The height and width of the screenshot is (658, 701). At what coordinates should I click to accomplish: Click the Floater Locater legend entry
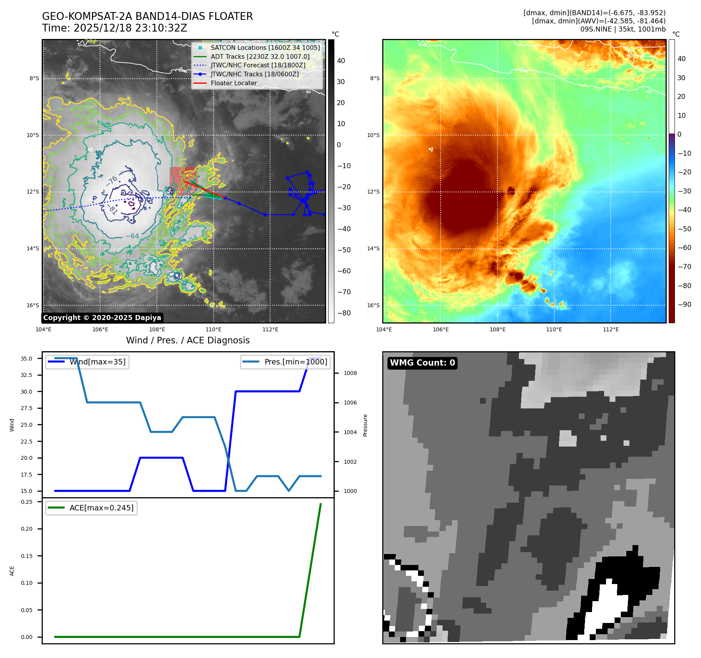click(234, 83)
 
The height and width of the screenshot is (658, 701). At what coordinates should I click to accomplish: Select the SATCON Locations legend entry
click(265, 48)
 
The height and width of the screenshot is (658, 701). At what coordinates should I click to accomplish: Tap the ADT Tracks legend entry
click(260, 56)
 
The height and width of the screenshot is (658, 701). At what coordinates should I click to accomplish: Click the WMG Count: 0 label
click(422, 363)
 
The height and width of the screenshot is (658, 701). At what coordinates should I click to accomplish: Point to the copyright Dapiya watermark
click(102, 318)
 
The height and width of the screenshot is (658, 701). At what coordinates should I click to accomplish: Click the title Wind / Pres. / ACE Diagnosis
click(188, 340)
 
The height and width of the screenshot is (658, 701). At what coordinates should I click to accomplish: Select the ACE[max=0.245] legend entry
click(101, 508)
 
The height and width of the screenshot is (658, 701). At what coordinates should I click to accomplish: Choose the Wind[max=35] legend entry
click(97, 362)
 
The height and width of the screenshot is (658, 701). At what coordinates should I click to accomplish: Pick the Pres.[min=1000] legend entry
click(295, 362)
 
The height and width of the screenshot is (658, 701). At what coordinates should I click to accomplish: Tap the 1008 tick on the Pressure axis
click(350, 373)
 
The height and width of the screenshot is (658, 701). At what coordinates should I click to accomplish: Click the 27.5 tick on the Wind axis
click(26, 408)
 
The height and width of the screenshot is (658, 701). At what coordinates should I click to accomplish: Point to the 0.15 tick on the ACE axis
click(27, 556)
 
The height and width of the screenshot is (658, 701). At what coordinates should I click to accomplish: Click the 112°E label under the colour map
click(611, 329)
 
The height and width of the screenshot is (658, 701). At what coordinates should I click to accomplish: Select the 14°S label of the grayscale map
click(33, 248)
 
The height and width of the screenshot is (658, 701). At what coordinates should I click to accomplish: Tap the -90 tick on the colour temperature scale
click(684, 304)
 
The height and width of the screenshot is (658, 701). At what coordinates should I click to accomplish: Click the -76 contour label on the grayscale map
click(112, 181)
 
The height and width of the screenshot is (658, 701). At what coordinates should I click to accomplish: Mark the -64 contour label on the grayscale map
click(132, 236)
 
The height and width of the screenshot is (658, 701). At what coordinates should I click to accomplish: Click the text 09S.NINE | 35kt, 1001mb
click(623, 29)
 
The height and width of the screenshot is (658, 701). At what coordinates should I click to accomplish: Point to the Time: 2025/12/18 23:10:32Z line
click(115, 28)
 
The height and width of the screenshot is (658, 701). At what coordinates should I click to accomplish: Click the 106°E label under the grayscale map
click(100, 329)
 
